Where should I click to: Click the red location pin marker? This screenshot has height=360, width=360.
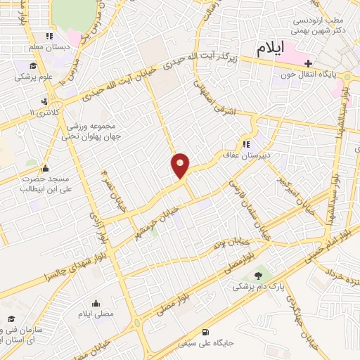tap(181, 165)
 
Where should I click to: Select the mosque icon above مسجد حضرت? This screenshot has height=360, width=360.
tap(46, 168)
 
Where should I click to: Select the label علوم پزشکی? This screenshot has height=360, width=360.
tap(32, 77)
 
